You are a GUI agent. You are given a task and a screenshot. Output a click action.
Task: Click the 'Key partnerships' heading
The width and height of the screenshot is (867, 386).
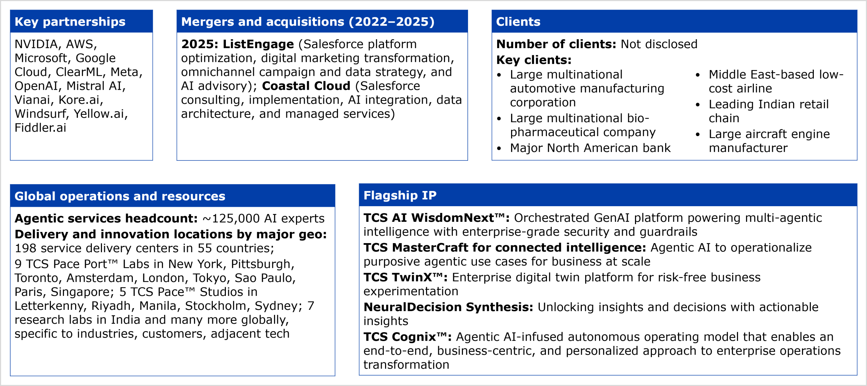click(x=70, y=22)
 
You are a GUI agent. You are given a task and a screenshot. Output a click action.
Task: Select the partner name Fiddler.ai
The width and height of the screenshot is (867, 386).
click(x=40, y=128)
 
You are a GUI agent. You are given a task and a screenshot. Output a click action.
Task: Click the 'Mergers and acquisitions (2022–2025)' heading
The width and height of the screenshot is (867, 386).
click(x=308, y=22)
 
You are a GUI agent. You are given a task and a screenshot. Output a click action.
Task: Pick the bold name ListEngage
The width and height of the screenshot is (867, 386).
click(x=258, y=44)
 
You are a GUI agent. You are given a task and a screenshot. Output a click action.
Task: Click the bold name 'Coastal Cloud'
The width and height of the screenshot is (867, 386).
click(x=306, y=86)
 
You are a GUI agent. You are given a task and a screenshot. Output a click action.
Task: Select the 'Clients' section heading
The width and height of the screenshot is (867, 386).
click(x=518, y=22)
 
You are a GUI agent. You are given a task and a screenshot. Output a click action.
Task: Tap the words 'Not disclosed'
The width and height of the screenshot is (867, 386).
click(x=659, y=44)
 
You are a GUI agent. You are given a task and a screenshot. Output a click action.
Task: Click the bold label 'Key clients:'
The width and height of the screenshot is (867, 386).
click(x=534, y=60)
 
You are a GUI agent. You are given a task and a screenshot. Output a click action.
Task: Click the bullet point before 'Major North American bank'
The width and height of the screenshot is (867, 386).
click(x=499, y=148)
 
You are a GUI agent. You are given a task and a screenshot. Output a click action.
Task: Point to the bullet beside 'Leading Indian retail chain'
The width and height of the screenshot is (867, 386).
click(x=698, y=105)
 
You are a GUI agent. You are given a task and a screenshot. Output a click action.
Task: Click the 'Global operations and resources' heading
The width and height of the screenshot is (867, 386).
click(x=120, y=196)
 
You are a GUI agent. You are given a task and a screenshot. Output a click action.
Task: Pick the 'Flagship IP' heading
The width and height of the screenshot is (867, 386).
click(x=400, y=195)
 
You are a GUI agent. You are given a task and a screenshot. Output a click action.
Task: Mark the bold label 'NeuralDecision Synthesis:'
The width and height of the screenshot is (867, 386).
click(x=448, y=307)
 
